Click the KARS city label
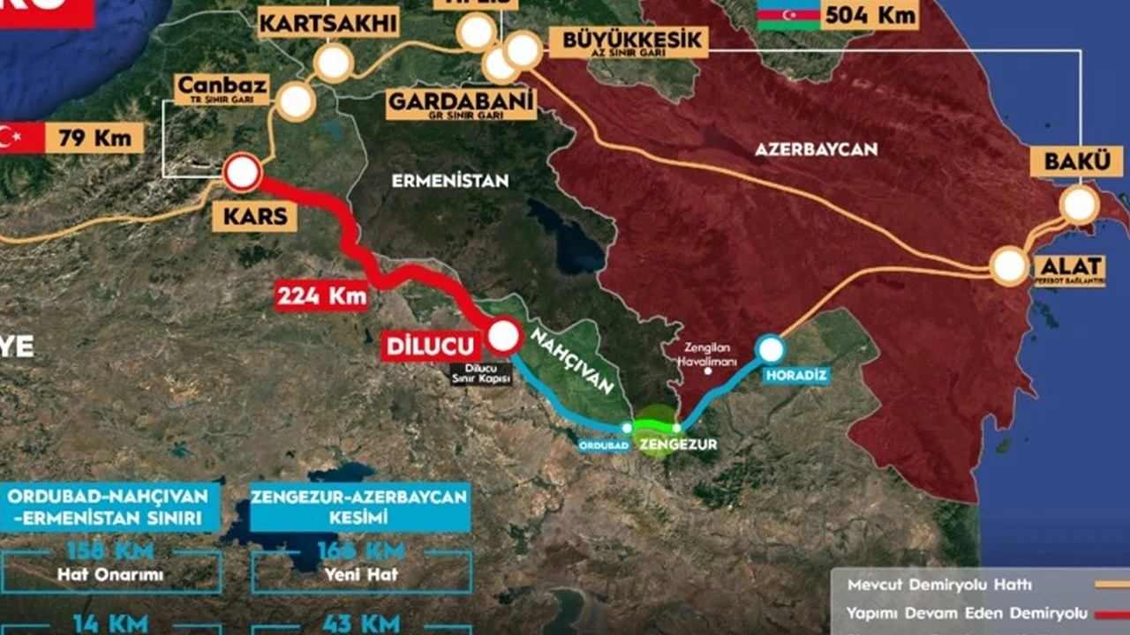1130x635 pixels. coord(254,216)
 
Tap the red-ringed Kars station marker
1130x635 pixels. coord(242,173)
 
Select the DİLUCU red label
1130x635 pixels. coord(432,345)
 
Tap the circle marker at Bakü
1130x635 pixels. coord(1079,205)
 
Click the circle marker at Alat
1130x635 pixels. coord(1009,265)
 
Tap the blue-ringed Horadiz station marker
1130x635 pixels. coord(771,349)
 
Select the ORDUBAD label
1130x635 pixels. coord(604,445)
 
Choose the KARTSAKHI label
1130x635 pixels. coord(328,24)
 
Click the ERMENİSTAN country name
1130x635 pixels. coord(450,181)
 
